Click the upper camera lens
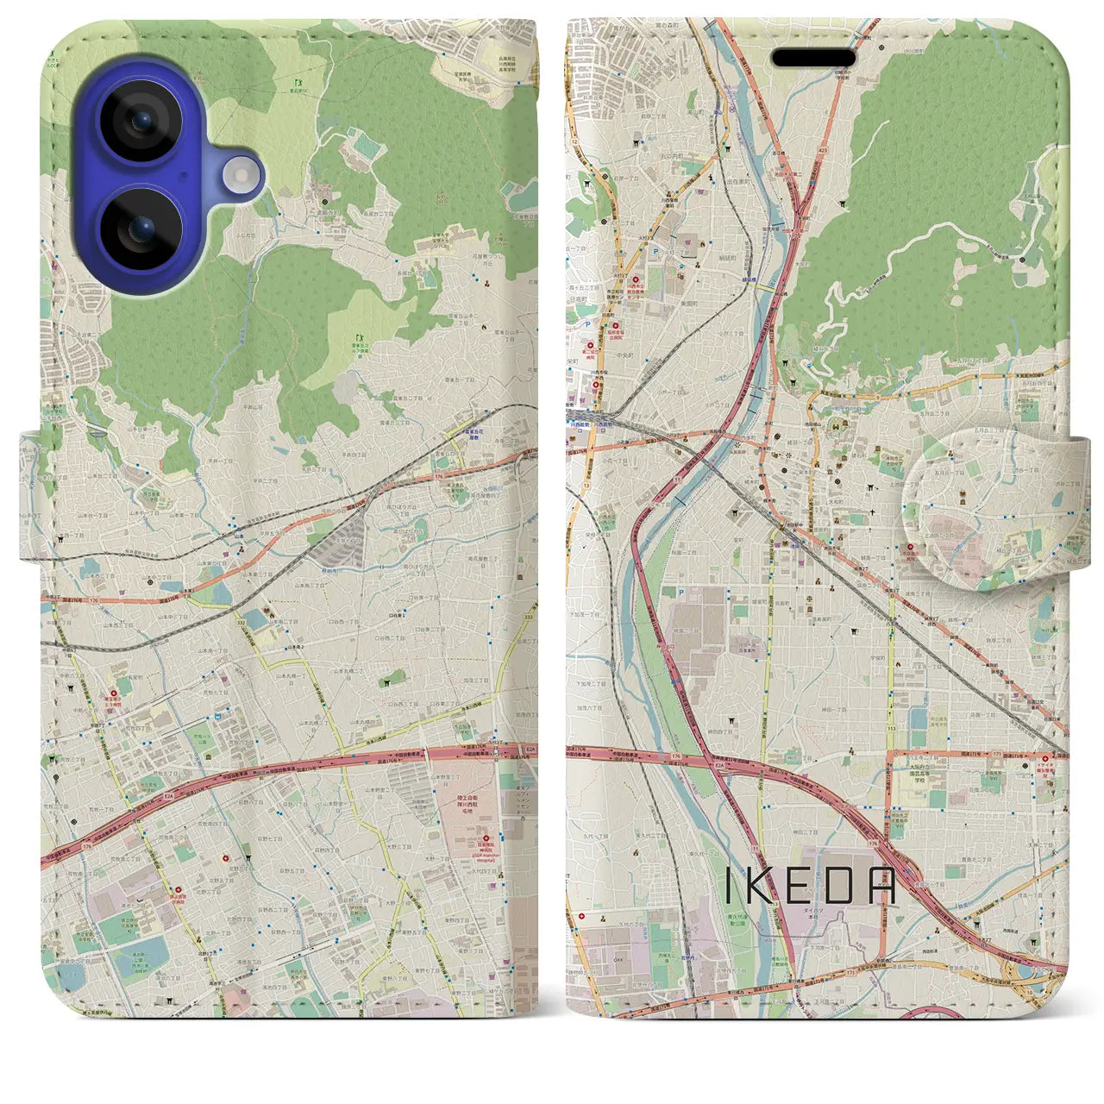[141, 122]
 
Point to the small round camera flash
[242, 176]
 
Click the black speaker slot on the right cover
[813, 58]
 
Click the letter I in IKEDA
[729, 886]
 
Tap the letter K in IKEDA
[761, 886]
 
